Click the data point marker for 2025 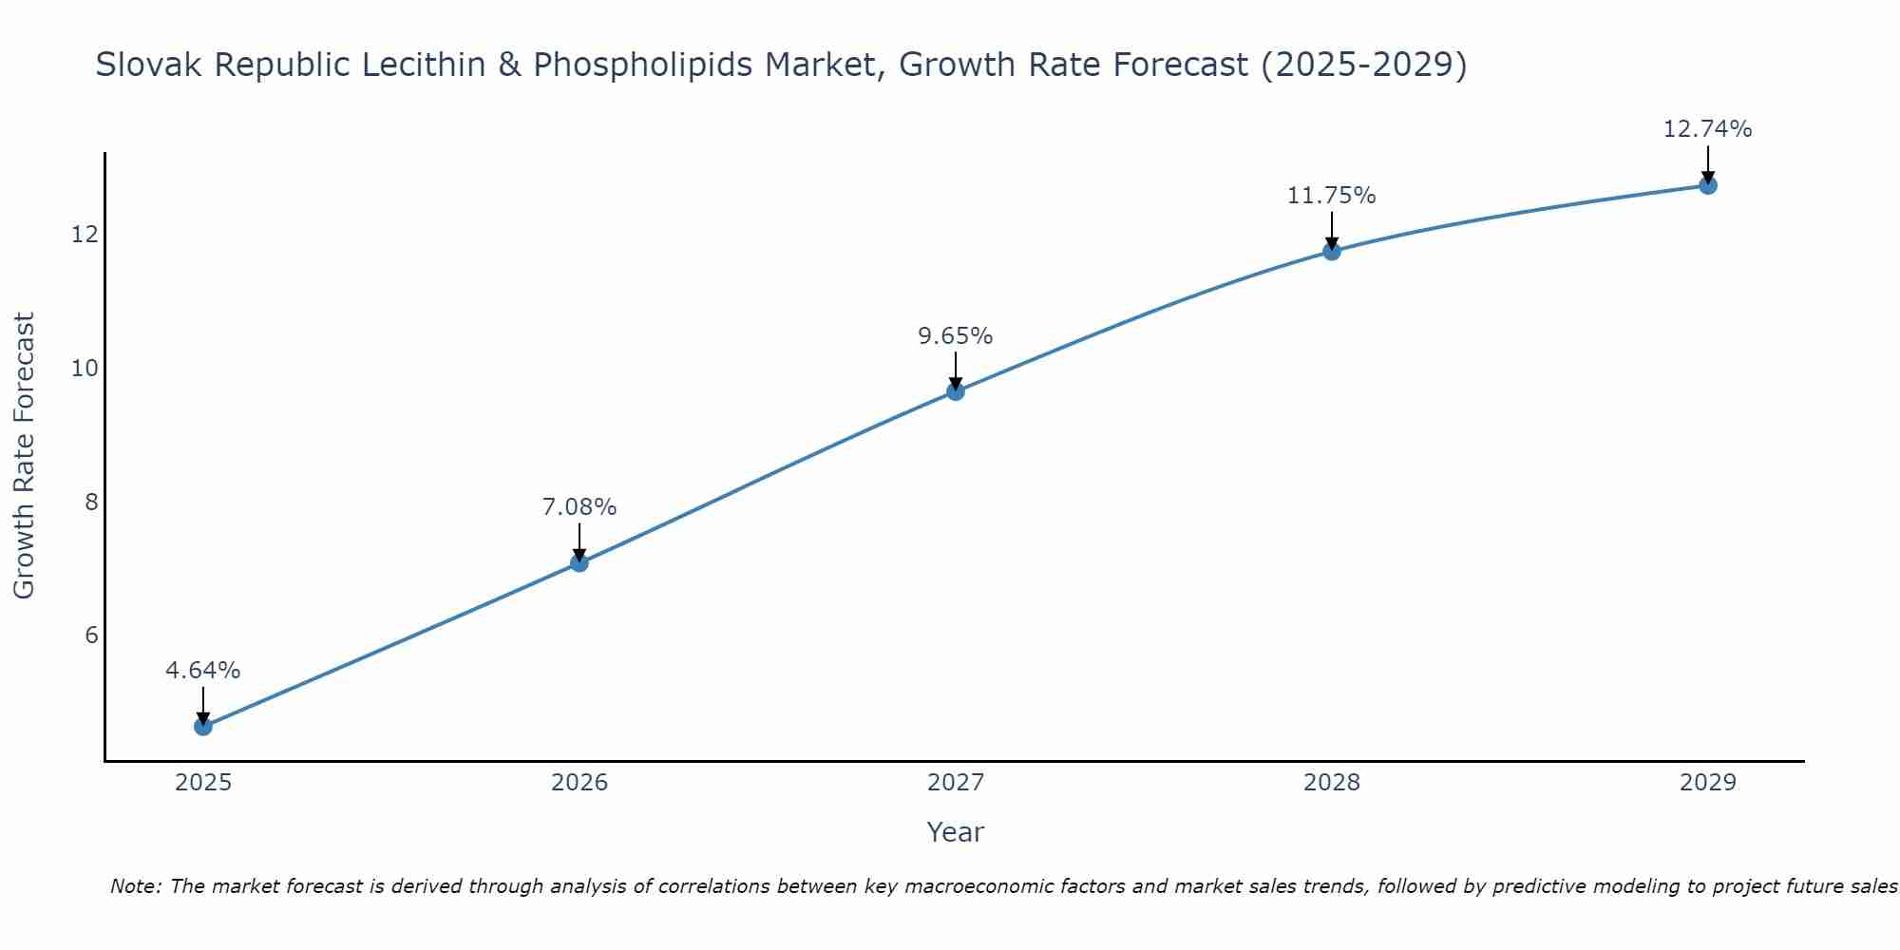[203, 727]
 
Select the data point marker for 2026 [579, 563]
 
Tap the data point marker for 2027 [956, 391]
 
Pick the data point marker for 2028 [1332, 251]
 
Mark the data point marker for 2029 [1708, 185]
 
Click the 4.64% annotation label [203, 671]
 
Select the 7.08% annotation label [579, 507]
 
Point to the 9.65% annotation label [956, 336]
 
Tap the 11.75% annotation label [1332, 196]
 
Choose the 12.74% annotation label [1708, 129]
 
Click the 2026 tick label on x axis [579, 783]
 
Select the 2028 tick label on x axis [1332, 783]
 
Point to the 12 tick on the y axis [85, 234]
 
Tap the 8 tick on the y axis [91, 502]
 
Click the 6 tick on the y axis [91, 636]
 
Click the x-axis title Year [956, 832]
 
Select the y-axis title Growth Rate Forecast [25, 456]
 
